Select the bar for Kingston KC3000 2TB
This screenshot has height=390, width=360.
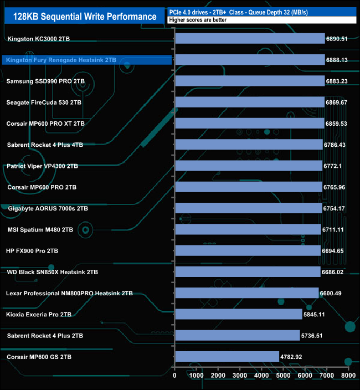coord(250,38)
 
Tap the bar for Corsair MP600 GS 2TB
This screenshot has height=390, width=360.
coord(227,356)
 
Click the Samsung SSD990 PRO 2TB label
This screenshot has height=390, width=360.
coord(45,81)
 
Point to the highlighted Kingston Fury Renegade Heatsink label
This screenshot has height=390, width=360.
coord(60,60)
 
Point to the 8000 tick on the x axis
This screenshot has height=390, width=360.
coord(348,376)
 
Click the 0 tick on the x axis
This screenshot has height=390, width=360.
coord(175,376)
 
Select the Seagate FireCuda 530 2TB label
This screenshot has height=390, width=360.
coord(44,102)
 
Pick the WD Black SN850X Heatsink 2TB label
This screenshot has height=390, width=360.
coord(52,272)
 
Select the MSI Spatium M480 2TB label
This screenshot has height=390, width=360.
coord(40,229)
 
